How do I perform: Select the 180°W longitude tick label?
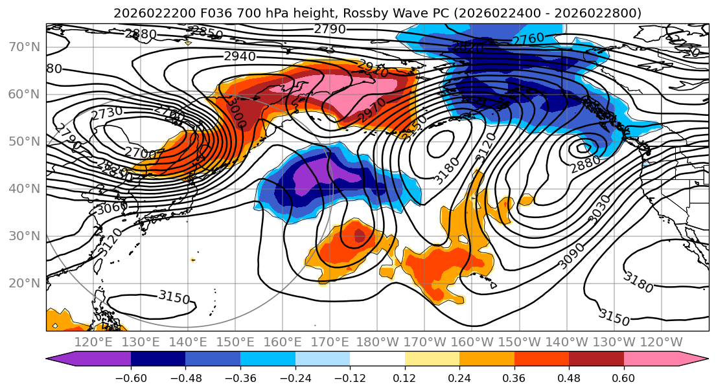tap(377, 342)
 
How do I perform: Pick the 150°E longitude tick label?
tap(235, 342)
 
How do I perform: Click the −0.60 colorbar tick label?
tap(131, 377)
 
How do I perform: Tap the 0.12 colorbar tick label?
tap(404, 377)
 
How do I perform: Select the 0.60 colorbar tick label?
tap(623, 377)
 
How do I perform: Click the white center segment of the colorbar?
tap(377, 359)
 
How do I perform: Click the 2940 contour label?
tap(240, 56)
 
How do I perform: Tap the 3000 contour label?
tap(236, 113)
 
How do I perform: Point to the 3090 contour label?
tap(571, 256)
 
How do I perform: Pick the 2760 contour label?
tap(528, 39)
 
